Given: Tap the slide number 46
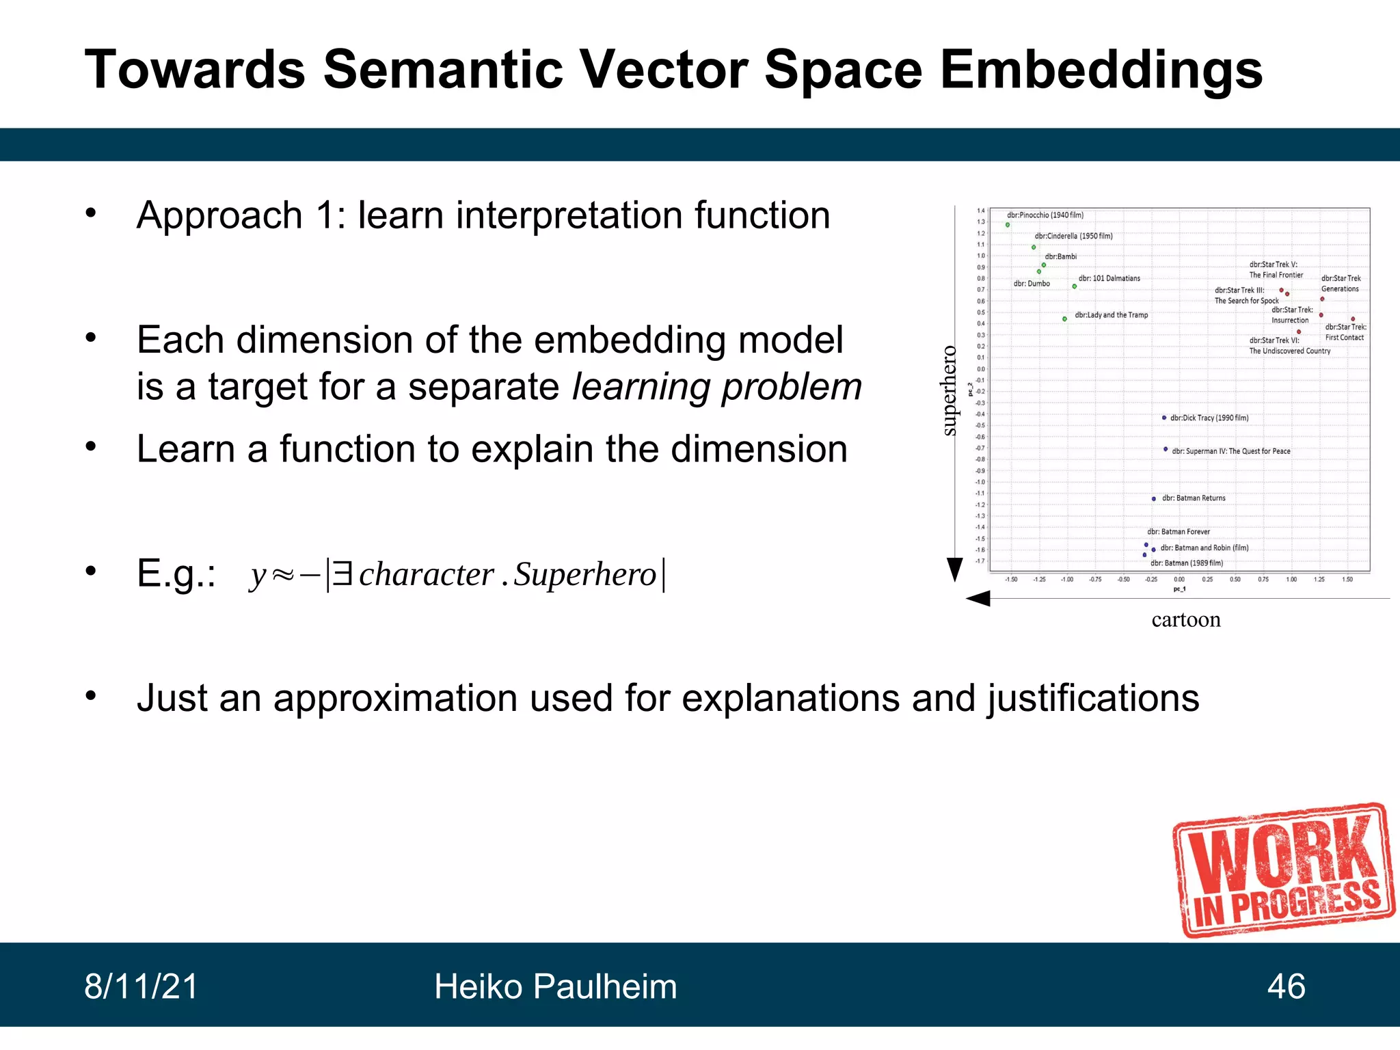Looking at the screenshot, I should pos(1286,986).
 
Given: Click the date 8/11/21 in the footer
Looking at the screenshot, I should pos(141,986).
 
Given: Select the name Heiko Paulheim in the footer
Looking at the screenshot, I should pos(555,986).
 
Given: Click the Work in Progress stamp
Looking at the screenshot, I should pos(1284,872).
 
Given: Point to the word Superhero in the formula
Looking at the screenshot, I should pos(585,574).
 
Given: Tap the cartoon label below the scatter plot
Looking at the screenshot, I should pos(1185,619).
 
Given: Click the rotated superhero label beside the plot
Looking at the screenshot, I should pos(949,390).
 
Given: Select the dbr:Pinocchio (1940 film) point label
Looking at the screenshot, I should pos(1045,215).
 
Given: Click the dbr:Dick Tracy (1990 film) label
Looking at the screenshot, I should pos(1209,418).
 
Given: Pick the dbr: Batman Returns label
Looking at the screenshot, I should pos(1194,498).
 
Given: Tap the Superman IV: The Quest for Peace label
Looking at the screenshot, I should pos(1230,451).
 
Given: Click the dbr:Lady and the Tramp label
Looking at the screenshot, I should pos(1111,315).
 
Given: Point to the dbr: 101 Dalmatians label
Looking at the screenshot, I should pos(1109,278).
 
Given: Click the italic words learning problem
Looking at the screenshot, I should pos(716,387).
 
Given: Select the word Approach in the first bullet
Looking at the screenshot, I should pos(219,215).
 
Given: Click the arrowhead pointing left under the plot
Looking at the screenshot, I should pos(978,599).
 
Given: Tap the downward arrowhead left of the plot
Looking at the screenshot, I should pos(954,569).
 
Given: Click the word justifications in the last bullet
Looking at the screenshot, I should pos(1092,698).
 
